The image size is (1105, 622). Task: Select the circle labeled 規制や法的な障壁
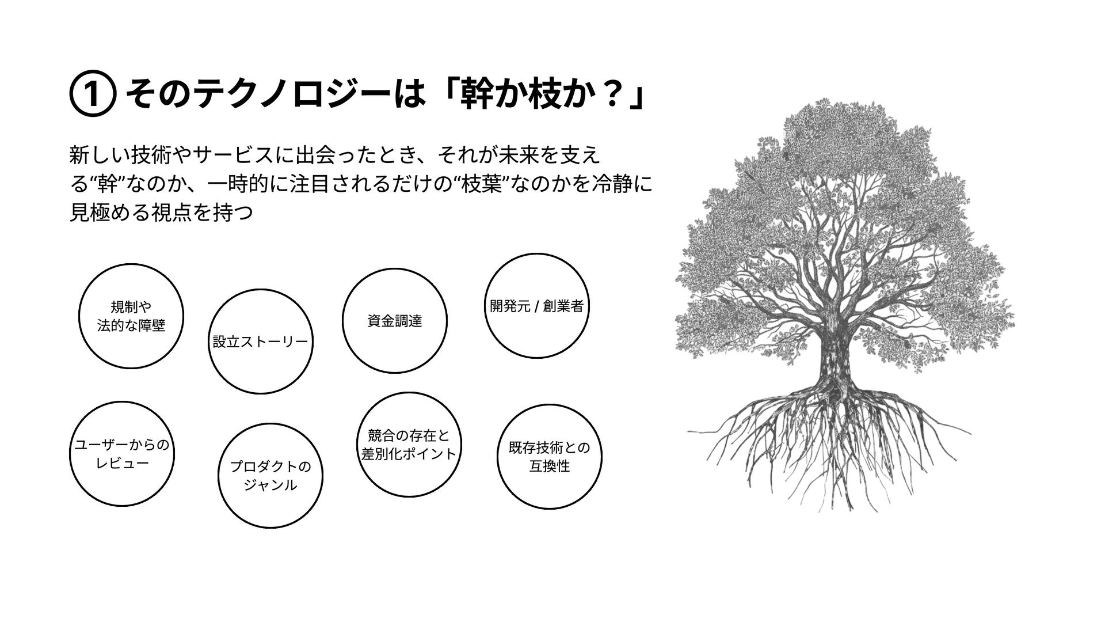tap(131, 316)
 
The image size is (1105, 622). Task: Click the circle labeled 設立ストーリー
tap(260, 342)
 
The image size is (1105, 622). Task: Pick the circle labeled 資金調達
tap(395, 321)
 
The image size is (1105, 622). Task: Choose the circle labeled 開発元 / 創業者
tap(536, 306)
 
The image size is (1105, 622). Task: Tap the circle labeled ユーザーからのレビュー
tap(122, 454)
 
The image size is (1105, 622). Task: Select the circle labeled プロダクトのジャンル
tap(270, 476)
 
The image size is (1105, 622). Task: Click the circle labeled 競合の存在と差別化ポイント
tap(409, 444)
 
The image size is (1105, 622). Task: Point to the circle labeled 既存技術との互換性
tap(549, 457)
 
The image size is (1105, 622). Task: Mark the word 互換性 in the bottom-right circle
tap(549, 466)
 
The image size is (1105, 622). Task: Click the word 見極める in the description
tap(108, 214)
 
